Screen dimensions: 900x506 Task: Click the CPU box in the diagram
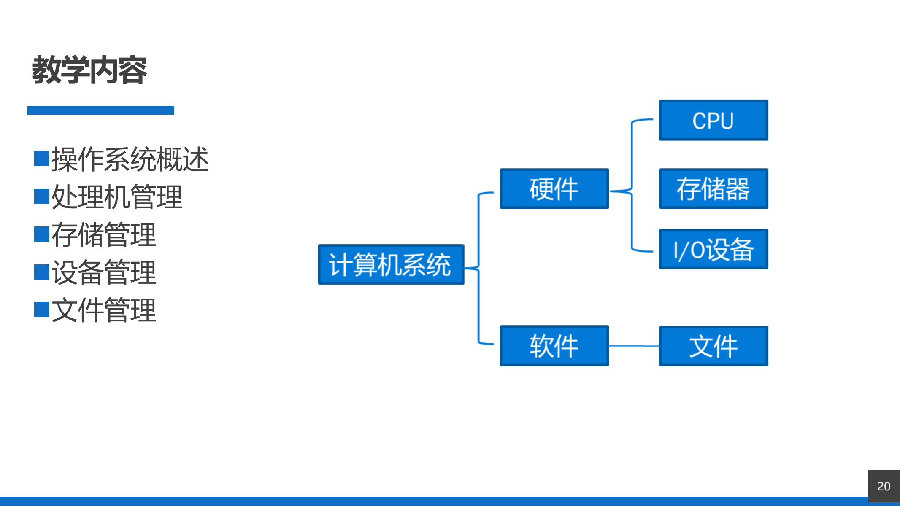point(714,120)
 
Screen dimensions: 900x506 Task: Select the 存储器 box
point(714,188)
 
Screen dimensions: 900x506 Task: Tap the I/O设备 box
point(714,249)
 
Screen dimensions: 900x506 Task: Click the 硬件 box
point(554,188)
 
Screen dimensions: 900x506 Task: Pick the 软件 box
point(554,346)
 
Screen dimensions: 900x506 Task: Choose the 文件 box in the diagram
point(714,346)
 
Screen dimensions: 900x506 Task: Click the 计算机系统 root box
point(391,264)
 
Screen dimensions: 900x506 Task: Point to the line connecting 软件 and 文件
point(634,346)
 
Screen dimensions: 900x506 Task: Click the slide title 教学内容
point(89,70)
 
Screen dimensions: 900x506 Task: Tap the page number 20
point(884,486)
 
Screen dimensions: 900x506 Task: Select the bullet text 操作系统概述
point(130,159)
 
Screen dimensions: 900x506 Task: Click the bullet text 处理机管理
point(117,197)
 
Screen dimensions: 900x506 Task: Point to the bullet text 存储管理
point(104,234)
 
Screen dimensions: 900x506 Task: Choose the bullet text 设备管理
point(104,272)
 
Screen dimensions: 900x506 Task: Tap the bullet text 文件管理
point(104,310)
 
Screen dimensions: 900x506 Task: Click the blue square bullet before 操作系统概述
point(42,159)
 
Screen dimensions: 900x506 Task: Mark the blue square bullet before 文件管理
point(42,310)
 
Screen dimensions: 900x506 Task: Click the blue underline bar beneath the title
point(101,110)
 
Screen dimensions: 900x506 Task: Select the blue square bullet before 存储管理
point(42,234)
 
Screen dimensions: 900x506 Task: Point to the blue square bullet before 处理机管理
point(42,196)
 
